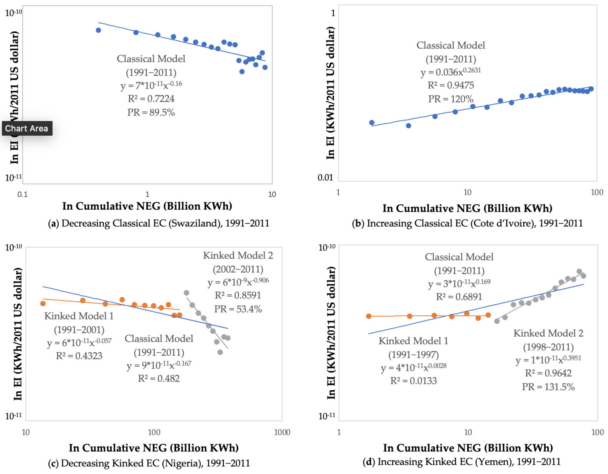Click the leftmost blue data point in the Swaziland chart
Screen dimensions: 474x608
98,30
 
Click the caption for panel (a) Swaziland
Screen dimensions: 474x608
158,223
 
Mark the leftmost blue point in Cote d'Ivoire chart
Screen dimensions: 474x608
372,123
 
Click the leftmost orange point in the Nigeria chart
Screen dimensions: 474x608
43,304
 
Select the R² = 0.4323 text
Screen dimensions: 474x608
79,356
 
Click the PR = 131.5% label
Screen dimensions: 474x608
548,387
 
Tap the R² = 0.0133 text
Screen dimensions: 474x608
413,381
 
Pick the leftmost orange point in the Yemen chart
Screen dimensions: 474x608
369,316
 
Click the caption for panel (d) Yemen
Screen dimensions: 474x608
461,462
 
